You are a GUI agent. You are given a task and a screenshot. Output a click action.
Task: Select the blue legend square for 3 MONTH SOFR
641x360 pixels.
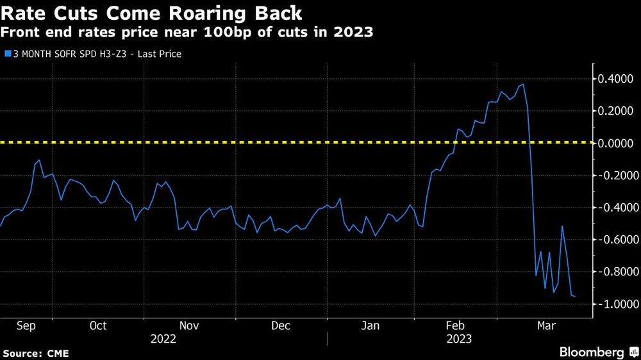(6, 54)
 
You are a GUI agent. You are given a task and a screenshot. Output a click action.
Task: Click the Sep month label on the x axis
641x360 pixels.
(26, 326)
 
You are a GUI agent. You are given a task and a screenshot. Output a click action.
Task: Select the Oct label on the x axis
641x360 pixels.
(97, 326)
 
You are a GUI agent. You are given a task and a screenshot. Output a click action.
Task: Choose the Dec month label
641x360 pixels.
(281, 326)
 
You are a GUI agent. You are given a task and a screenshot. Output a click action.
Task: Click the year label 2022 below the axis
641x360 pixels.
(163, 340)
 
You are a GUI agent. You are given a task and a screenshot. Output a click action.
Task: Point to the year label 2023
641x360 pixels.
(459, 340)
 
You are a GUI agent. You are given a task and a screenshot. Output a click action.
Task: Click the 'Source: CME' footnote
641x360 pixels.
(36, 353)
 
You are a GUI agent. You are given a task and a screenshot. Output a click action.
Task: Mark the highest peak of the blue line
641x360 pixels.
(524, 84)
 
